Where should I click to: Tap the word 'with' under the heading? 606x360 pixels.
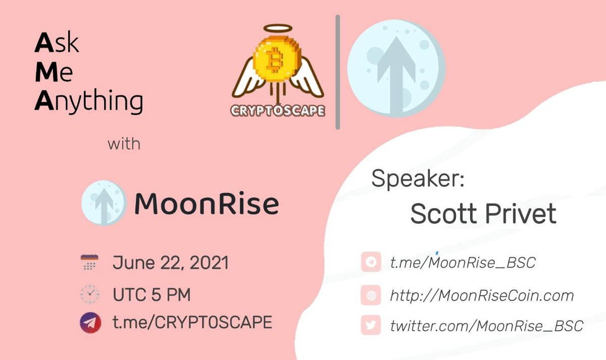pos(124,144)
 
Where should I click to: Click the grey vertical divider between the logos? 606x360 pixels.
pos(337,72)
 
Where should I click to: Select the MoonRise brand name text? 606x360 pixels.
pos(207,204)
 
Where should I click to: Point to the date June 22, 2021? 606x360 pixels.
pos(171,263)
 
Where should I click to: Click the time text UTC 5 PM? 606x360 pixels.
pos(151,294)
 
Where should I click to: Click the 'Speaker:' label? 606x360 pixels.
pos(417,179)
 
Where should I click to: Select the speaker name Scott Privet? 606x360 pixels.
pos(483,214)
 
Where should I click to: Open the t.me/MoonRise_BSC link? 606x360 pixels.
pos(462,263)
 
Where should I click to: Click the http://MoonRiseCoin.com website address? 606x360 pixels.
pos(482,295)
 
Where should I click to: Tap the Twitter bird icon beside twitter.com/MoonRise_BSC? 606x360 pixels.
pos(371,326)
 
